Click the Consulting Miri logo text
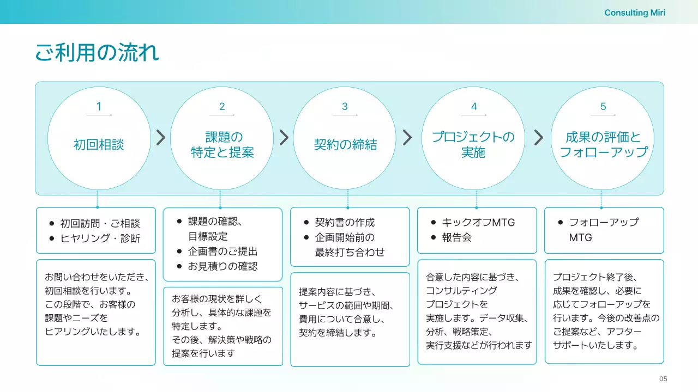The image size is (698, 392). pyautogui.click(x=635, y=13)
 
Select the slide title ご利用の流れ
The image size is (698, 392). pyautogui.click(x=97, y=53)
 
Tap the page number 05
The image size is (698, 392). pyautogui.click(x=663, y=379)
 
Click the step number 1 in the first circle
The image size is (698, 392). pyautogui.click(x=99, y=107)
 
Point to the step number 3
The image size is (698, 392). pyautogui.click(x=345, y=107)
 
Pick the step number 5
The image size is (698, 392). pyautogui.click(x=603, y=107)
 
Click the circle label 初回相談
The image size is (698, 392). pyautogui.click(x=99, y=145)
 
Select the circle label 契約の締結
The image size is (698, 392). pyautogui.click(x=345, y=145)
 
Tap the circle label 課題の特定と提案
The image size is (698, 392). pyautogui.click(x=222, y=145)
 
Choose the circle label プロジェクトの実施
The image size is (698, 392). pyautogui.click(x=473, y=145)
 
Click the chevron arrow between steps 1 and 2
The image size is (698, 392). pyautogui.click(x=161, y=138)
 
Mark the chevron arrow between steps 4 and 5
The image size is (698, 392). pyautogui.click(x=539, y=138)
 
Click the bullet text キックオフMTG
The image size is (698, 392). pyautogui.click(x=478, y=222)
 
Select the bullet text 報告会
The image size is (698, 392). pyautogui.click(x=456, y=237)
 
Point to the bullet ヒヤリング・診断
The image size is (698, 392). pyautogui.click(x=100, y=238)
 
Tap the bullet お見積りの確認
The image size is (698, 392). pyautogui.click(x=222, y=266)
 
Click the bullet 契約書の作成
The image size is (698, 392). pyautogui.click(x=345, y=222)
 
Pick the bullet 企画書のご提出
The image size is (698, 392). pyautogui.click(x=222, y=252)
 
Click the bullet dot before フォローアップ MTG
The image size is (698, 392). pyautogui.click(x=560, y=222)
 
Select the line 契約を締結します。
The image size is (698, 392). pyautogui.click(x=338, y=333)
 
